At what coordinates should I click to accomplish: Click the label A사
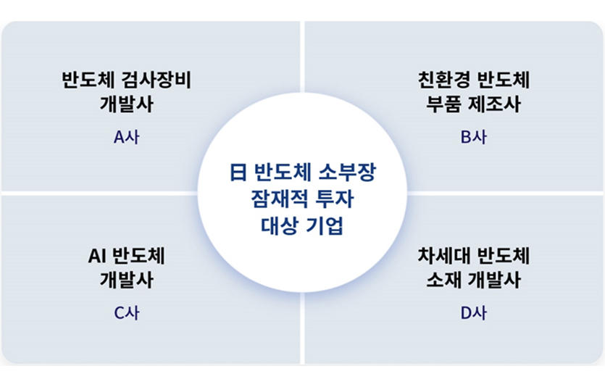coord(126,138)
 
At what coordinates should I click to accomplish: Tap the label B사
coord(474,138)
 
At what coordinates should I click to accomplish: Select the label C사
coord(126,313)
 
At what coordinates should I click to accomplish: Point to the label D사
coord(474,313)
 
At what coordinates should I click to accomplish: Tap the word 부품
coord(445,103)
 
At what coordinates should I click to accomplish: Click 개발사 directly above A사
coord(126,103)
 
